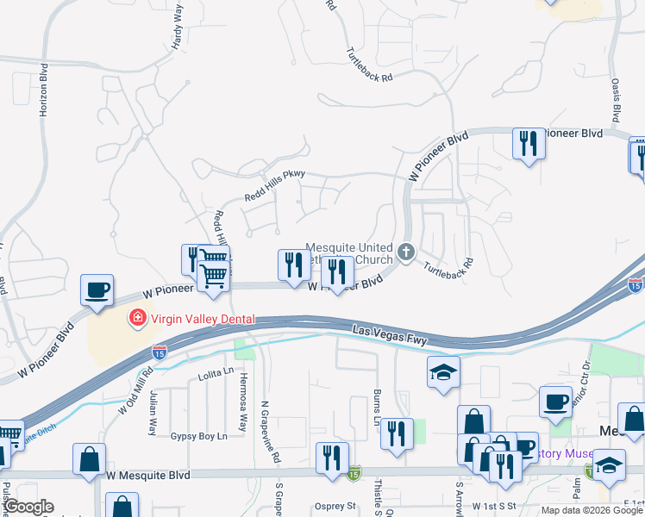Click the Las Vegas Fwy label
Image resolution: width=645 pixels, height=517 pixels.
(x=391, y=335)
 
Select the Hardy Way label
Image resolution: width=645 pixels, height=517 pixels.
(x=178, y=29)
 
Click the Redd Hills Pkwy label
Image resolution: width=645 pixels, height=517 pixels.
(x=274, y=185)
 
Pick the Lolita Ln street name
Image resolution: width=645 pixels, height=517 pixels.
(x=216, y=371)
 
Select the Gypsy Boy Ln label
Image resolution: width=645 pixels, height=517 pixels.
(x=198, y=436)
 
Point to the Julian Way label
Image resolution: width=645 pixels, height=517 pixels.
(x=153, y=409)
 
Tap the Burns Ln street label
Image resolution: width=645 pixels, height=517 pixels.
(x=377, y=408)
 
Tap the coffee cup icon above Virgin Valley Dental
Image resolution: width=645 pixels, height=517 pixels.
(x=97, y=290)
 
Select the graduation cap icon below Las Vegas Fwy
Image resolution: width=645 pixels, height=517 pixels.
(x=443, y=372)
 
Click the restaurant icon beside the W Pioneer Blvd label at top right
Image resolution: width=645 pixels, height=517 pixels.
(x=528, y=142)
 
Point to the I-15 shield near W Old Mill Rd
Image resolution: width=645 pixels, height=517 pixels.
(x=159, y=352)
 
